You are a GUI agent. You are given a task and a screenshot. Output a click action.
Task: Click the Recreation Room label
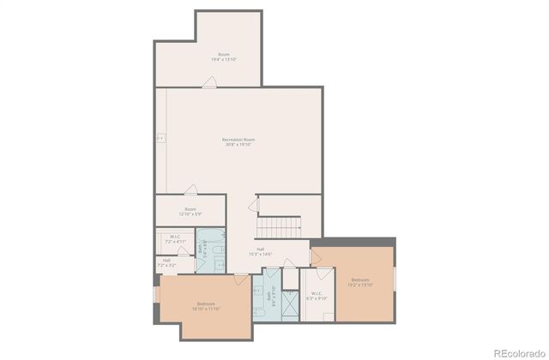click(238, 141)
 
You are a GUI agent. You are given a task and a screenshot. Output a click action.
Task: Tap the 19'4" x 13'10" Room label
click(224, 57)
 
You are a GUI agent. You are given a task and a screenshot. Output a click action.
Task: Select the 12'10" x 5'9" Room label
click(190, 211)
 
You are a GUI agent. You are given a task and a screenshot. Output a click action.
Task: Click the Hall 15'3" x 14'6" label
click(260, 251)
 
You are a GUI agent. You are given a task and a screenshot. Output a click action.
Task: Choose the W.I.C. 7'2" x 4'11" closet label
click(174, 239)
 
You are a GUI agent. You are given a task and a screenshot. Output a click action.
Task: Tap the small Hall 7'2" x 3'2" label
click(166, 262)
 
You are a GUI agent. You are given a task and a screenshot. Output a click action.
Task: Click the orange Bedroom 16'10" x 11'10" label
click(206, 306)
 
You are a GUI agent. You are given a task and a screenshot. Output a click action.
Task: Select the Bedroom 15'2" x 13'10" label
click(359, 281)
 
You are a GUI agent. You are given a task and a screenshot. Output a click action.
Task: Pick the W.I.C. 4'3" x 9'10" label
click(317, 297)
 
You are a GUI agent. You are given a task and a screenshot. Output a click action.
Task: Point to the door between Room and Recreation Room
click(209, 82)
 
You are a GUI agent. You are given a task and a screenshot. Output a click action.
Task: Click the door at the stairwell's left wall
click(253, 206)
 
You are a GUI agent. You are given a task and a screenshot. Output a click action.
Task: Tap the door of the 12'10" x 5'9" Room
click(192, 190)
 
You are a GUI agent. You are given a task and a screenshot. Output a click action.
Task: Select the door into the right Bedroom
click(315, 257)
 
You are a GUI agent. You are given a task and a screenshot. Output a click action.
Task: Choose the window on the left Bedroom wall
click(155, 294)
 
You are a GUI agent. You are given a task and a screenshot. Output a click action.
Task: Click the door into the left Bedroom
click(241, 279)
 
